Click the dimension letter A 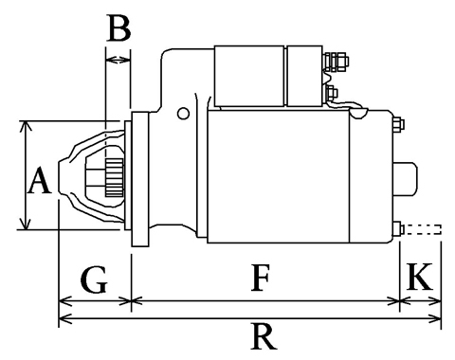coord(39,180)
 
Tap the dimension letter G coord(94,279)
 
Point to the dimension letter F coord(261,278)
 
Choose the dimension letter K coord(419,276)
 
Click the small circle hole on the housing coord(183,114)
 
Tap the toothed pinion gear coord(115,178)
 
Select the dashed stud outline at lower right coord(423,229)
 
